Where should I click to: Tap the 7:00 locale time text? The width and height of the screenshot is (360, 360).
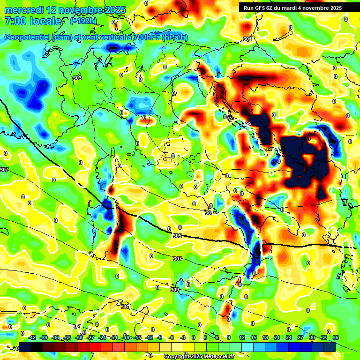[x=33, y=21]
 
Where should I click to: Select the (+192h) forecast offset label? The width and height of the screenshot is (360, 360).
[x=83, y=21]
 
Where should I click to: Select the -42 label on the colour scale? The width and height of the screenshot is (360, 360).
[x=32, y=337]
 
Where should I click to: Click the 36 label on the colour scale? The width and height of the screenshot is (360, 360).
[x=336, y=337]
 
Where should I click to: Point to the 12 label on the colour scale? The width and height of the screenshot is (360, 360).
[x=242, y=337]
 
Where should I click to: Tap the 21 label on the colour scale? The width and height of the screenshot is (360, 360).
[x=277, y=337]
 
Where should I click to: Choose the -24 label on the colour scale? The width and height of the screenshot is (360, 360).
[x=102, y=337]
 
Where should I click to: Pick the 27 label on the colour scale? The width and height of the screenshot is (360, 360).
[x=300, y=337]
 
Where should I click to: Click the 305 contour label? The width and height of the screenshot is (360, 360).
[x=177, y=236]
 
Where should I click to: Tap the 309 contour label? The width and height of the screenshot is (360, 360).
[x=174, y=290]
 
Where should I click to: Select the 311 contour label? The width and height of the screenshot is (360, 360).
[x=124, y=307]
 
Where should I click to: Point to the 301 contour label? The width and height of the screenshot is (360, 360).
[x=247, y=39]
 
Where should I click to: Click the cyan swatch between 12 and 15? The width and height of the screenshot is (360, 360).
[x=247, y=347]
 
